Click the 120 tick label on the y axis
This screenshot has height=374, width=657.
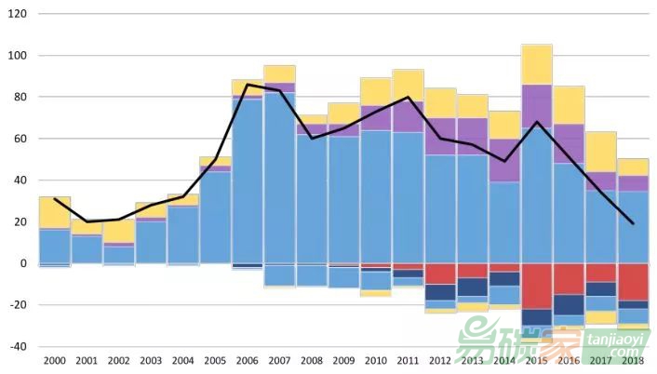click(x=18, y=15)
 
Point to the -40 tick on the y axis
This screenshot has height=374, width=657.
click(x=18, y=346)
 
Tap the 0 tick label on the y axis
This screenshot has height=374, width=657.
click(x=22, y=263)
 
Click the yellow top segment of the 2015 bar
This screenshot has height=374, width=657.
click(x=536, y=64)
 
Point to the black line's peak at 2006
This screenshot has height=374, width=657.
click(x=247, y=85)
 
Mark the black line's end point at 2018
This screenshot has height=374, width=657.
click(x=633, y=223)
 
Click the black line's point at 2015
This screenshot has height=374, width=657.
click(x=536, y=122)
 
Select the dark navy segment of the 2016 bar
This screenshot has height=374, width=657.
click(x=569, y=304)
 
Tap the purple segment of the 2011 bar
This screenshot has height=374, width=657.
click(x=408, y=116)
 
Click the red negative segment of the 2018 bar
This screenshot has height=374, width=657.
click(x=633, y=282)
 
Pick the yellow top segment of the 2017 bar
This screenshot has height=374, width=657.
click(x=600, y=151)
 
